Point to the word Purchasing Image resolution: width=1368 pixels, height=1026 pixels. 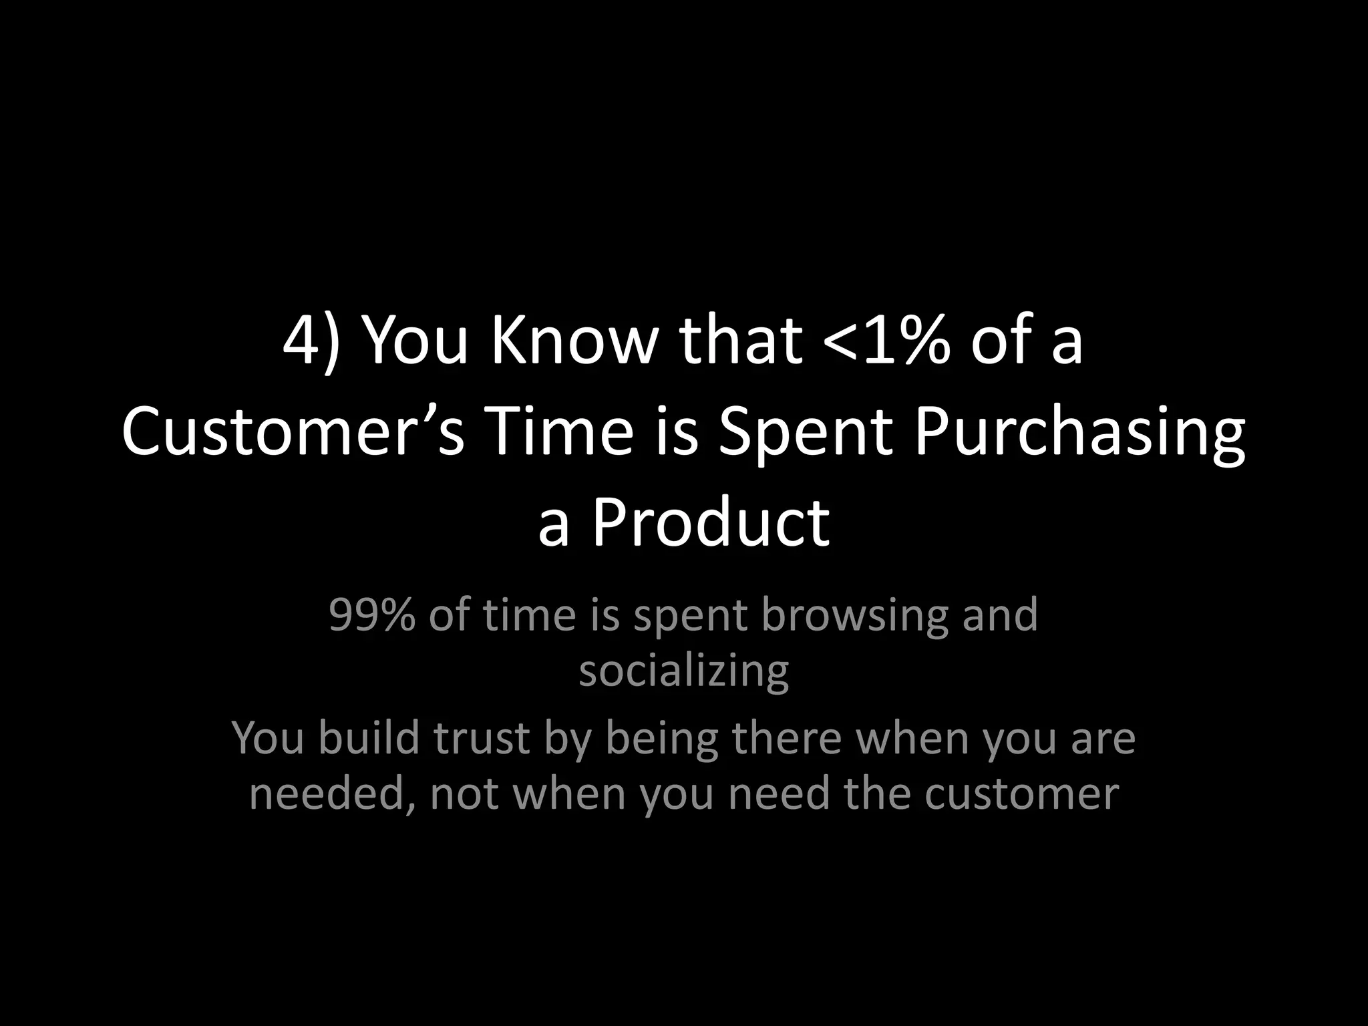point(1079,432)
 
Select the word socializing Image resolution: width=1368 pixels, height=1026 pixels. point(683,671)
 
